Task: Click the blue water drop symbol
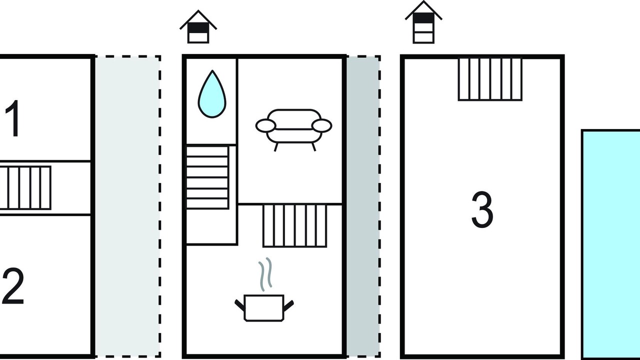(212, 95)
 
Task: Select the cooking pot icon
(264, 306)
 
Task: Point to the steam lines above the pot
(265, 273)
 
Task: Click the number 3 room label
(482, 210)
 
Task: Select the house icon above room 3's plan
(423, 23)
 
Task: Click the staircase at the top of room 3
(490, 79)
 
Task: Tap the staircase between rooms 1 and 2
(25, 188)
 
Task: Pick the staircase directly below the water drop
(207, 177)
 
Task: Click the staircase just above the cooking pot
(294, 225)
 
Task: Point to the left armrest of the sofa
(265, 125)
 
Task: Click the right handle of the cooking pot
(288, 303)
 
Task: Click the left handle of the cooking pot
(239, 303)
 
